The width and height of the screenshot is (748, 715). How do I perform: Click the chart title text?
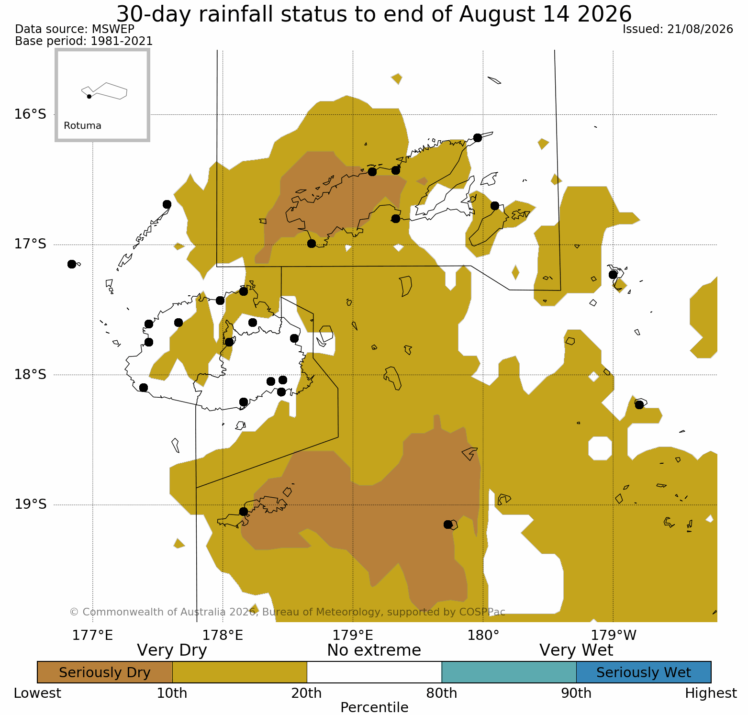374,14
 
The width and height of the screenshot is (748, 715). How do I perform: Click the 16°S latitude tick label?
30,114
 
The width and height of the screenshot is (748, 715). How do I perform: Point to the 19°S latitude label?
30,504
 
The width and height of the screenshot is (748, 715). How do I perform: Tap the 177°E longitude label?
93,636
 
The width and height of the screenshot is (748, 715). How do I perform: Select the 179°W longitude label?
614,636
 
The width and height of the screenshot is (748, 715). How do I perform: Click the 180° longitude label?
484,636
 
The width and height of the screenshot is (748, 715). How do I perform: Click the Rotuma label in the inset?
82,126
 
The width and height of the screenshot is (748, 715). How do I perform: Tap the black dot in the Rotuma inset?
89,97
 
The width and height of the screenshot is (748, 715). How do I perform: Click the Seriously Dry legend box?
105,672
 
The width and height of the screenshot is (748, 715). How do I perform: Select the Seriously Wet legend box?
644,672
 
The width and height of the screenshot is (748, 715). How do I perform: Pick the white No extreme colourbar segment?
374,672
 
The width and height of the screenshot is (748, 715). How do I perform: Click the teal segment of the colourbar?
509,672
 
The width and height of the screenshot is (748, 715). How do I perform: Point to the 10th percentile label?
172,693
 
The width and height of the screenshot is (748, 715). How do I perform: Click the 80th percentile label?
442,693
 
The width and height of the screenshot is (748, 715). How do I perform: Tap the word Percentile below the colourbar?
374,707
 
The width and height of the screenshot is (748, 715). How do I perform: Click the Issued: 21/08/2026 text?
678,29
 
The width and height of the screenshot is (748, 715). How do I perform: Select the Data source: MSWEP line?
75,29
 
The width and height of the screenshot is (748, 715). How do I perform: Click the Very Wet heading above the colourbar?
576,650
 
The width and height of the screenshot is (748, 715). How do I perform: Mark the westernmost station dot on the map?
72,264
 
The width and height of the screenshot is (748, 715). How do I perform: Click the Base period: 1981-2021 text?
84,41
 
